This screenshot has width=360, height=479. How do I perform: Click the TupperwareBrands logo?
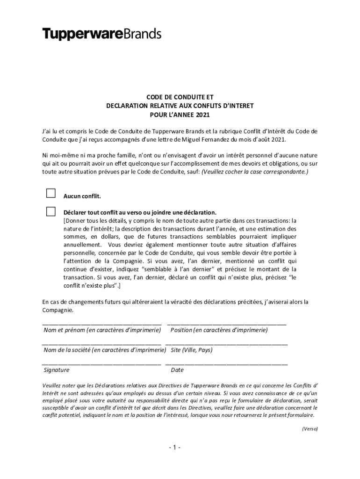[x=102, y=34]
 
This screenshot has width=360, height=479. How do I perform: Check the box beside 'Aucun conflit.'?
[x=50, y=193]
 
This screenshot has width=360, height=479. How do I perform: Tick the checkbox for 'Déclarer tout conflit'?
[x=50, y=211]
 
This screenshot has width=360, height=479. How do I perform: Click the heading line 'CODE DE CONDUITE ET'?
[x=180, y=97]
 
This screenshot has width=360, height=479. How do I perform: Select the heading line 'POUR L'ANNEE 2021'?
[x=180, y=114]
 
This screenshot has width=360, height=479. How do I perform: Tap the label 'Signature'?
[x=57, y=370]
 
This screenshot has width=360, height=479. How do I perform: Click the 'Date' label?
[x=177, y=370]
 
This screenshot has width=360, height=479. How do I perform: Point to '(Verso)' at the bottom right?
[x=310, y=428]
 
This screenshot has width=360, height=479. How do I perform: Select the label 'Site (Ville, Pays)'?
[x=192, y=350]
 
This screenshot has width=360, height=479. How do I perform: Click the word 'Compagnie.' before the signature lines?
[x=58, y=310]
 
